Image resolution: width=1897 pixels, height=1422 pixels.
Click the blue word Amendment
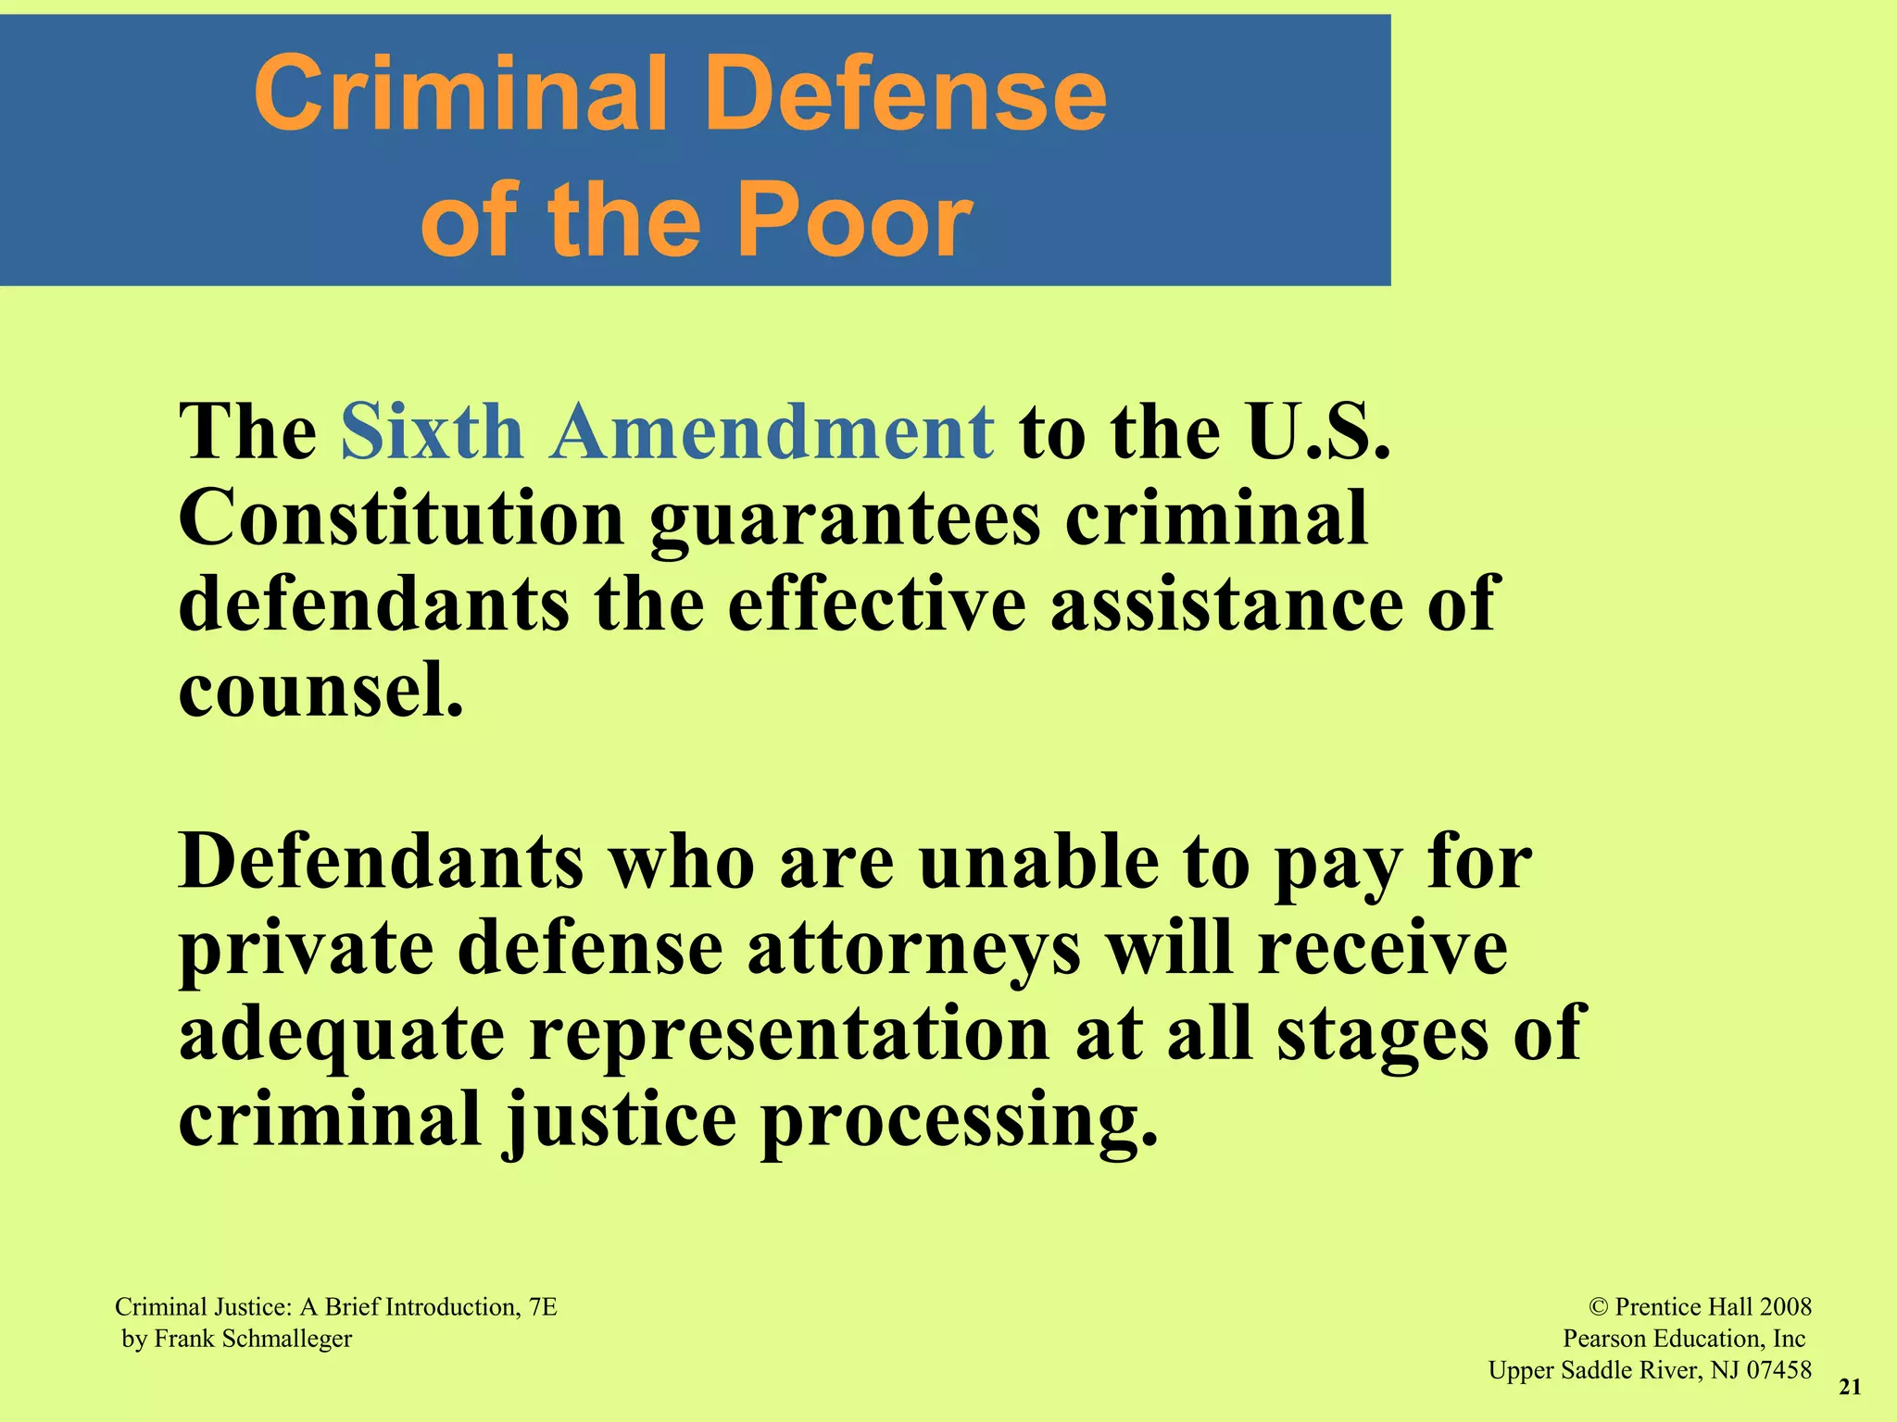(x=773, y=431)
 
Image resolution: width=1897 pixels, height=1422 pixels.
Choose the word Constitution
(x=401, y=518)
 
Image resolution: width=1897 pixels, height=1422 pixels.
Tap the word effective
(x=876, y=604)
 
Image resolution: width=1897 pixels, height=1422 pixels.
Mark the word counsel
(x=320, y=690)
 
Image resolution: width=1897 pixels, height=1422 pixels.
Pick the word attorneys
(x=913, y=950)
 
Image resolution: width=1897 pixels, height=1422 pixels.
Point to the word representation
(x=789, y=1034)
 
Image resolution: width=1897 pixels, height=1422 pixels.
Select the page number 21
(x=1850, y=1386)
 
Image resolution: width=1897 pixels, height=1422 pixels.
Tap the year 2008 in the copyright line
(x=1785, y=1306)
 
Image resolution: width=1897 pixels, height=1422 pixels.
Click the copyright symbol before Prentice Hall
(x=1599, y=1306)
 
